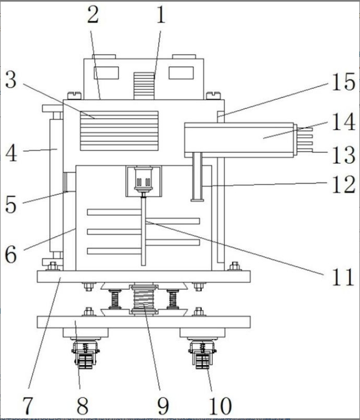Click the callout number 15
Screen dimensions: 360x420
344,82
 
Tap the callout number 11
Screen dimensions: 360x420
343,277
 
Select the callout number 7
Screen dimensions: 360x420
27,405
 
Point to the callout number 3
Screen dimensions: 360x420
11,80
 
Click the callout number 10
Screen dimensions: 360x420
220,406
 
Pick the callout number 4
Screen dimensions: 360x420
11,153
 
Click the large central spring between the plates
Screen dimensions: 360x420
144,299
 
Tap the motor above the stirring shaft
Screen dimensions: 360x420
143,179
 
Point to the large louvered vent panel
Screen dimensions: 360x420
119,131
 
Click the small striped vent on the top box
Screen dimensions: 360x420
144,86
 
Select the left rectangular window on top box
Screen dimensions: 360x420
106,73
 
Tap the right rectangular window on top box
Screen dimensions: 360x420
181,73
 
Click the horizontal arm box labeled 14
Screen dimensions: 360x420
239,140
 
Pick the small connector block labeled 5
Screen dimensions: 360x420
69,182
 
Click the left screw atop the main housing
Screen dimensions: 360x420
74,95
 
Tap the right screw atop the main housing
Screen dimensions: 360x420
213,95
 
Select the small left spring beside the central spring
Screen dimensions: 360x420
115,299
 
